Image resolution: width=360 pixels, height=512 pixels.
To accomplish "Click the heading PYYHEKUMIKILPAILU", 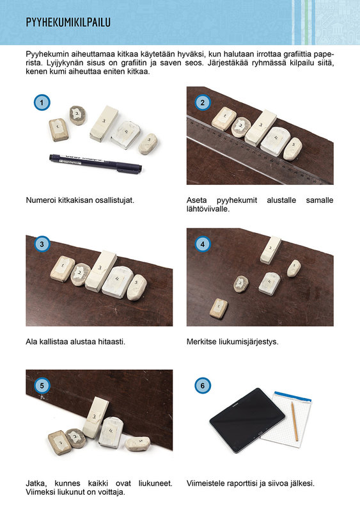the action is coord(68,22).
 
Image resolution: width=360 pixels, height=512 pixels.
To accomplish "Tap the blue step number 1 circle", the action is coord(42,102).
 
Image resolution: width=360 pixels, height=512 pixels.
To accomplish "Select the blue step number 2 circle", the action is coord(202,102).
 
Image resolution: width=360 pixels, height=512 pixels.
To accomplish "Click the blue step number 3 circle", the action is coord(42,244).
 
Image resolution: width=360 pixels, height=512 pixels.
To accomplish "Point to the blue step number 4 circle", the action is coord(202,244).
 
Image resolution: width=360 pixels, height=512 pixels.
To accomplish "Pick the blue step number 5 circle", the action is coord(42,386).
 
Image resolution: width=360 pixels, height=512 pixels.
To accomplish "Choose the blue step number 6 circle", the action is coord(202,386).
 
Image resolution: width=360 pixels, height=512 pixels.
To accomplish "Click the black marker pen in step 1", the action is coord(95,164).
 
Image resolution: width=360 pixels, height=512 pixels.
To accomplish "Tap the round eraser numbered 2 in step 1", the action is coord(77,115).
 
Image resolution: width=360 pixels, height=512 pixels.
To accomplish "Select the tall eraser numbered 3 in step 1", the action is coord(104,124).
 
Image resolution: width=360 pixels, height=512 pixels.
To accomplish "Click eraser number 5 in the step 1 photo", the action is coord(148,143).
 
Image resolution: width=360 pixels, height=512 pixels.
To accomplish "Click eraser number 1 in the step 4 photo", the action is coord(219,308).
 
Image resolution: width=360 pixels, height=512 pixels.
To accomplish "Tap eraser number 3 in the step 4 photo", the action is coord(270,250).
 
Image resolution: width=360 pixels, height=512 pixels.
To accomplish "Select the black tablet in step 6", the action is coord(247,420).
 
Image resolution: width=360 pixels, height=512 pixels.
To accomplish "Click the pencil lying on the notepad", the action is coord(295,421).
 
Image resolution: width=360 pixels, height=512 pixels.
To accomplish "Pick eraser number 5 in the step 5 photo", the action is coord(137,444).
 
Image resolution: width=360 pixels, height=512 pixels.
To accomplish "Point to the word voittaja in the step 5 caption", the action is coord(113,492).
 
